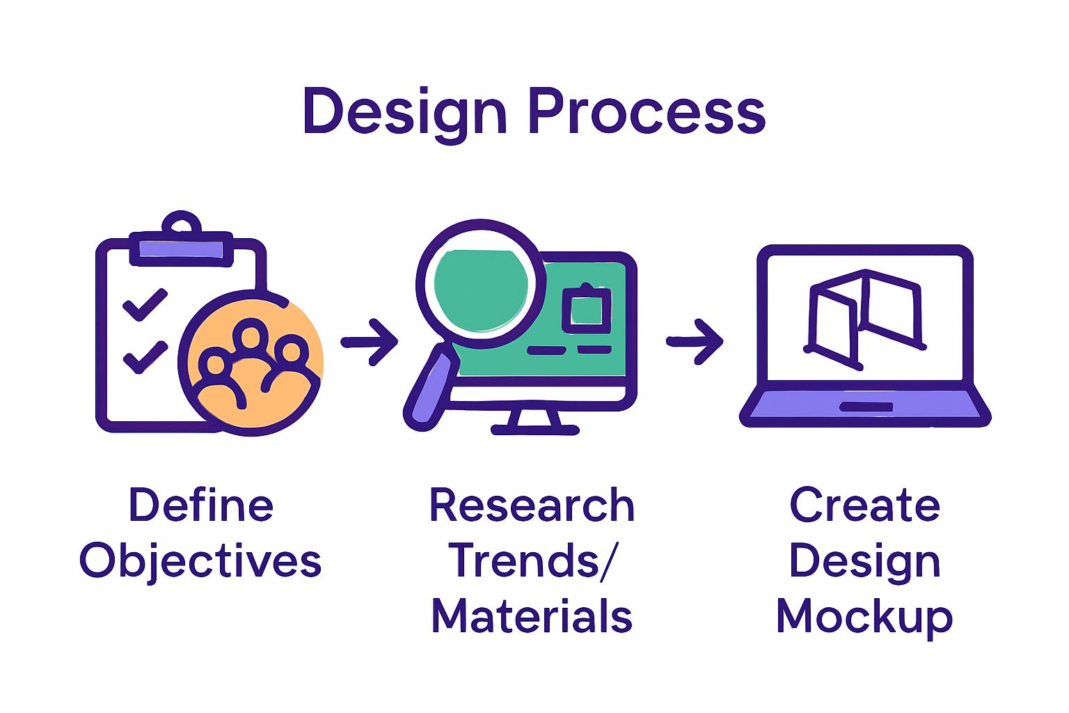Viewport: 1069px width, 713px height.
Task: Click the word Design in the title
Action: click(x=404, y=111)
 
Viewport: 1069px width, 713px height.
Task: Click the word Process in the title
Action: click(x=647, y=111)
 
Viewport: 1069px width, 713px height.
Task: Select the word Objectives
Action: click(x=200, y=561)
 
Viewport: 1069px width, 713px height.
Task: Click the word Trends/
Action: click(x=532, y=561)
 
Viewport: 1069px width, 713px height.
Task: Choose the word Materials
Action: click(x=532, y=616)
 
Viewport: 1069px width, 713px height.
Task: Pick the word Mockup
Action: click(x=864, y=616)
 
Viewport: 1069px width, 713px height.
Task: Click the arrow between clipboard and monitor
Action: click(x=369, y=342)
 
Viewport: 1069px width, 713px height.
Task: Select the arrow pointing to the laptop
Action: click(x=695, y=341)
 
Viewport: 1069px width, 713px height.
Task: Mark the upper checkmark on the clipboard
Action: click(x=145, y=304)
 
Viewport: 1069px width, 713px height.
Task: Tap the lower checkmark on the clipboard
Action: click(x=145, y=357)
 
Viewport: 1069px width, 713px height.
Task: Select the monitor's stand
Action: click(x=534, y=421)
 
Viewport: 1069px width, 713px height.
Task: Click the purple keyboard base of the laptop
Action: click(x=865, y=407)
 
